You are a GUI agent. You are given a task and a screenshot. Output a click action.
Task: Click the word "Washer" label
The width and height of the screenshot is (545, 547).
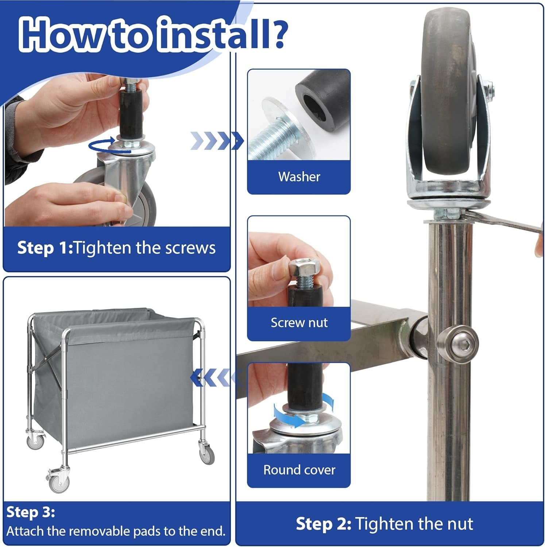[x=299, y=177]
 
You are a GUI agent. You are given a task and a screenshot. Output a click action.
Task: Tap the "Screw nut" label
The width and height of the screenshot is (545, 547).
[x=299, y=323]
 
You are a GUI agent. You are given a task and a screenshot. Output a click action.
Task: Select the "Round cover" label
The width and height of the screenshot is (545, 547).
[x=299, y=470]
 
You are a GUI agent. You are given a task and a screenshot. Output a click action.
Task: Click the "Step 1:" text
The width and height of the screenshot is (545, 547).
[x=45, y=248]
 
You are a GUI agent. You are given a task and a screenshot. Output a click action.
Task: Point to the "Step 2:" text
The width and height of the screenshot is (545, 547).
[x=323, y=524]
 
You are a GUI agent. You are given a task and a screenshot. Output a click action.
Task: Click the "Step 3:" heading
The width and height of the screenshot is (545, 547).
[x=31, y=512]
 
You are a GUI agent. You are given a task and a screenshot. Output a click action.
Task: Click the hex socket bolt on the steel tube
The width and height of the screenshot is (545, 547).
[x=460, y=342]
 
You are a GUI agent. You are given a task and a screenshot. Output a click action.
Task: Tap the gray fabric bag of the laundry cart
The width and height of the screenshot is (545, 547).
[x=115, y=376]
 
